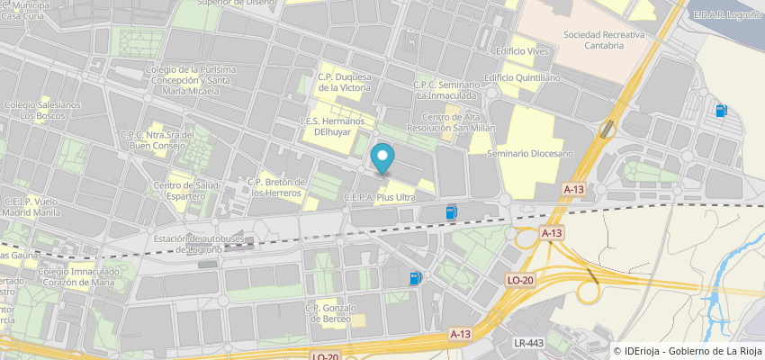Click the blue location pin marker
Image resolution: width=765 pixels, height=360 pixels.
(x=383, y=158)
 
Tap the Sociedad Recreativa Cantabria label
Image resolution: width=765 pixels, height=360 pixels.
(x=593, y=40)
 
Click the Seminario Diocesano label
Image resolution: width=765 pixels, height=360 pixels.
(x=530, y=154)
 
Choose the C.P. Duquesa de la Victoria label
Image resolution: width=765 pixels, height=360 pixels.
(x=344, y=83)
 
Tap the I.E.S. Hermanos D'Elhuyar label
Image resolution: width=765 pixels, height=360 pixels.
(x=338, y=126)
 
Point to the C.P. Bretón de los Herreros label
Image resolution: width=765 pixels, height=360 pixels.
(x=277, y=187)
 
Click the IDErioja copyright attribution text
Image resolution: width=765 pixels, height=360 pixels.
(x=688, y=351)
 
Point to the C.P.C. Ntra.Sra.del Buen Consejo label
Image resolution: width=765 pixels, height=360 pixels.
(x=157, y=139)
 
